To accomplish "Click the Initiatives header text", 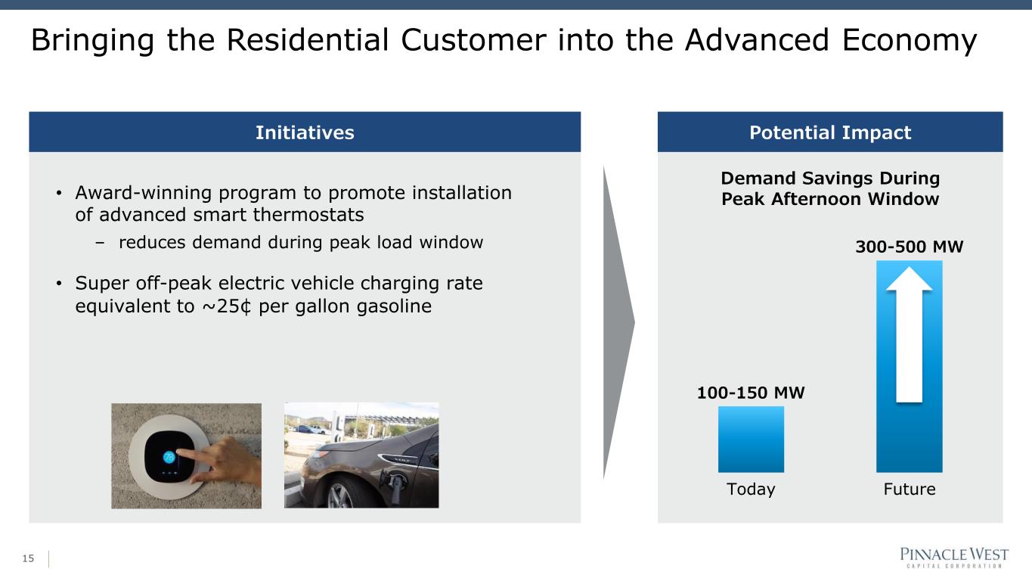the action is pyautogui.click(x=305, y=133).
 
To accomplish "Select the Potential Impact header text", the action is pyautogui.click(x=830, y=133).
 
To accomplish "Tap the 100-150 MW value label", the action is pyautogui.click(x=751, y=393).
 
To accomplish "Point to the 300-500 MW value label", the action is pyautogui.click(x=909, y=247).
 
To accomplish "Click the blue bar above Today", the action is pyautogui.click(x=751, y=439).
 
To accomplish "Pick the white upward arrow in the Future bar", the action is pyautogui.click(x=909, y=335).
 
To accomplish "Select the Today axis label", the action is pyautogui.click(x=751, y=489).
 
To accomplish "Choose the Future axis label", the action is pyautogui.click(x=910, y=489).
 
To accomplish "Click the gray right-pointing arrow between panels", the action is pyautogui.click(x=618, y=323).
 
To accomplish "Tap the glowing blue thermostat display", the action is pyautogui.click(x=169, y=457).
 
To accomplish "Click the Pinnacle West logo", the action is pyautogui.click(x=954, y=558).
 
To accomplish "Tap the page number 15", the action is pyautogui.click(x=28, y=558).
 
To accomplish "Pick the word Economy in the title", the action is pyautogui.click(x=909, y=42).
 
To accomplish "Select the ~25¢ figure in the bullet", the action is pyautogui.click(x=227, y=306).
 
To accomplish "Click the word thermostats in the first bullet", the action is pyautogui.click(x=308, y=215).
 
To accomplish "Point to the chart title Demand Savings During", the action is pyautogui.click(x=830, y=179).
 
